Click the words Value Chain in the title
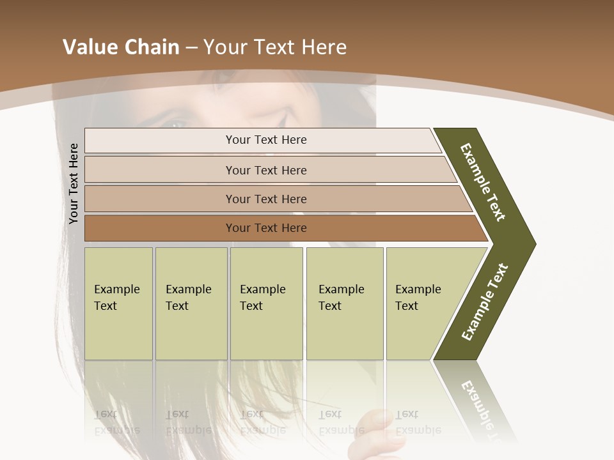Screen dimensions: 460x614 pyautogui.click(x=121, y=47)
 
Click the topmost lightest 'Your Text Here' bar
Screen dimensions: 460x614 pyautogui.click(x=265, y=140)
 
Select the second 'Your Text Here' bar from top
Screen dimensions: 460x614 pyautogui.click(x=265, y=170)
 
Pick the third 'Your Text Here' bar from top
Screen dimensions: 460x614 pyautogui.click(x=265, y=199)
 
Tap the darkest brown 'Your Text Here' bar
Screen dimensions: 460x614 pyautogui.click(x=265, y=228)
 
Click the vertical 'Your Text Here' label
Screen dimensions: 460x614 pyautogui.click(x=74, y=183)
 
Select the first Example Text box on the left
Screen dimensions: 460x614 pyautogui.click(x=118, y=303)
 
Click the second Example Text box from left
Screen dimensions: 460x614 pyautogui.click(x=191, y=303)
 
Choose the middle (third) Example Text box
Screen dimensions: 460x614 pyautogui.click(x=266, y=303)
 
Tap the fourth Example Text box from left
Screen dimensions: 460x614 pyautogui.click(x=344, y=303)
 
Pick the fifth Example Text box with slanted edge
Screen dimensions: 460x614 pyautogui.click(x=422, y=303)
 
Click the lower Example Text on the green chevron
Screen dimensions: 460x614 pyautogui.click(x=484, y=302)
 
